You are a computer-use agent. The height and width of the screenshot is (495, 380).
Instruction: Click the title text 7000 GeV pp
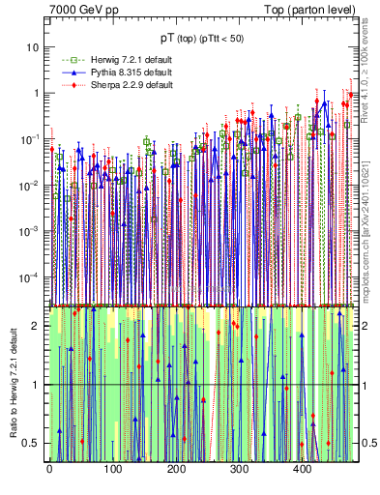click(x=84, y=11)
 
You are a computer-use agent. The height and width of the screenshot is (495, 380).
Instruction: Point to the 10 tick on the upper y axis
click(x=35, y=47)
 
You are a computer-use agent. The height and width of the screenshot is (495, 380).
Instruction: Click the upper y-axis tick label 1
click(x=38, y=94)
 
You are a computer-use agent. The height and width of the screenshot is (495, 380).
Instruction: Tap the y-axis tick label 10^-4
click(x=31, y=277)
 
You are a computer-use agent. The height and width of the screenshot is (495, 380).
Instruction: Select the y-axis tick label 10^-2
click(x=31, y=186)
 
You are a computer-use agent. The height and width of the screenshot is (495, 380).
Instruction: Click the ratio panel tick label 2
click(x=39, y=326)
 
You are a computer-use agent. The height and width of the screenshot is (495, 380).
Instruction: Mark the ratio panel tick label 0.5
click(x=35, y=443)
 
